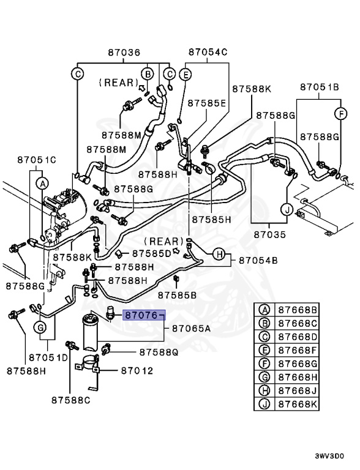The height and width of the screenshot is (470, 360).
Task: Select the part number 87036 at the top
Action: (x=124, y=53)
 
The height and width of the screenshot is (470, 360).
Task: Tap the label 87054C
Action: (x=208, y=53)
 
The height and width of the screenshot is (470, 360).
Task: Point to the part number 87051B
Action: (x=319, y=88)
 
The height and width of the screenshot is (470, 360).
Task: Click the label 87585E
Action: (x=207, y=103)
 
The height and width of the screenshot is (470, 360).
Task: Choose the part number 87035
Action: (x=270, y=234)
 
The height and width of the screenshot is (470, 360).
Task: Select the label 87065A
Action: (x=191, y=329)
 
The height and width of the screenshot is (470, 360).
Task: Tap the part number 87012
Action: (x=137, y=371)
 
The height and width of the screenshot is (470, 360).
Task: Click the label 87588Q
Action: (x=159, y=352)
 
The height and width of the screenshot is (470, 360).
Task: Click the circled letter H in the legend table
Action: (x=264, y=391)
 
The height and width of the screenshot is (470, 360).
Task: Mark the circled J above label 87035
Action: (x=285, y=210)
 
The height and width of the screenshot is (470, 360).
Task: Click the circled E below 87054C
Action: (x=186, y=75)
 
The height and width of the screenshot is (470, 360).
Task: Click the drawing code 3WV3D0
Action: (x=330, y=457)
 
